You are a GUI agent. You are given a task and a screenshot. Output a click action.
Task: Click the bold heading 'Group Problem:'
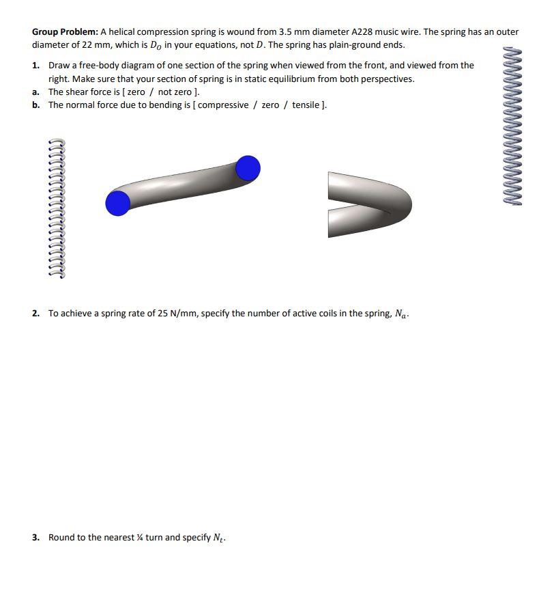[65, 32]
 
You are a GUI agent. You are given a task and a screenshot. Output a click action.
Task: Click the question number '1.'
[35, 66]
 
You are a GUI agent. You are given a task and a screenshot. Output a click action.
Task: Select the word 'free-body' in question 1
[93, 66]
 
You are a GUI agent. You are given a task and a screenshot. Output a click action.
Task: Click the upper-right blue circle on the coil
[248, 167]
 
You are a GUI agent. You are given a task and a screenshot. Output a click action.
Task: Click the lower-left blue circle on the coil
[118, 204]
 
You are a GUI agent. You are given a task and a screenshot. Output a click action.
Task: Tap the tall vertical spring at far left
[57, 208]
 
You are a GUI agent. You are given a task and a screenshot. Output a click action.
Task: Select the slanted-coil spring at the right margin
[513, 126]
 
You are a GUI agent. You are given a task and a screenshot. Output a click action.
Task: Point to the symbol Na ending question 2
[400, 314]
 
